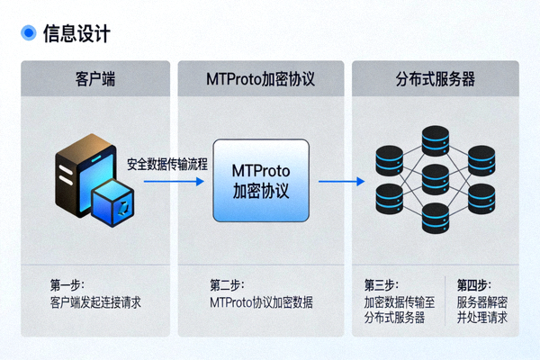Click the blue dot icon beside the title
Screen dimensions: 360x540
(x=27, y=33)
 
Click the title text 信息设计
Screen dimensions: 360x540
(x=76, y=33)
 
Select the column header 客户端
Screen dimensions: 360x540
(x=94, y=79)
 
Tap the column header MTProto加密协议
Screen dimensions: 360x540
(x=260, y=79)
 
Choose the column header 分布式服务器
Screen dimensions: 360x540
(x=435, y=79)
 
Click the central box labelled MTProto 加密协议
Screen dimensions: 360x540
(x=260, y=181)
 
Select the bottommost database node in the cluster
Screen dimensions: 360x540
(x=435, y=218)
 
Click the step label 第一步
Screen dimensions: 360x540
(x=67, y=283)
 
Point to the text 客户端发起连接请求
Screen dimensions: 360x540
(x=95, y=301)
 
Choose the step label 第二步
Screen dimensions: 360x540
(x=227, y=283)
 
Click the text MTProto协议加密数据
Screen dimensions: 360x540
(x=261, y=301)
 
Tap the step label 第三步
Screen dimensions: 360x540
(x=381, y=284)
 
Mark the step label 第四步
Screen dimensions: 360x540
(x=473, y=284)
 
